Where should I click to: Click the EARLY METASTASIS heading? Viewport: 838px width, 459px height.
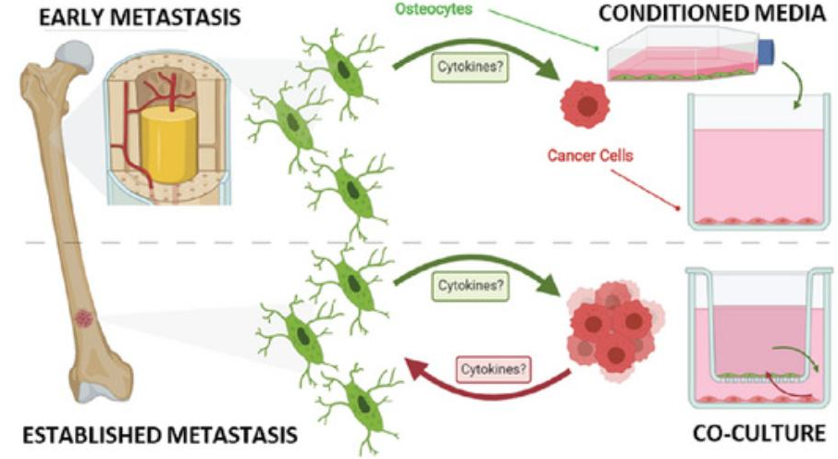140,17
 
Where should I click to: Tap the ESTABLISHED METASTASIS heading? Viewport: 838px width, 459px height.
160,434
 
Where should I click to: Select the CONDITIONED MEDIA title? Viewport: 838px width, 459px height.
712,13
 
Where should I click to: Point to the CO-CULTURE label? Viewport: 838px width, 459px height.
758,433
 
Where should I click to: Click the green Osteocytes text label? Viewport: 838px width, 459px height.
434,8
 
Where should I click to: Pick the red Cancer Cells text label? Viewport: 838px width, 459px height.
590,155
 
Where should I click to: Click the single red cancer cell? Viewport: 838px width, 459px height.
585,105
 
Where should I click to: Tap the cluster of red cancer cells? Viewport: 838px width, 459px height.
614,330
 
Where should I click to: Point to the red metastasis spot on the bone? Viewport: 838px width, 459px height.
84,319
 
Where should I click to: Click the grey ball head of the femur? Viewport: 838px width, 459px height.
74,56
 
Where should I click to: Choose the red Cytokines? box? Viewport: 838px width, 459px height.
494,369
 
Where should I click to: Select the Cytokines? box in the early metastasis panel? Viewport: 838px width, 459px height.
470,68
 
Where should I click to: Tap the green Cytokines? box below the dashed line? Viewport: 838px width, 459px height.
471,286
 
